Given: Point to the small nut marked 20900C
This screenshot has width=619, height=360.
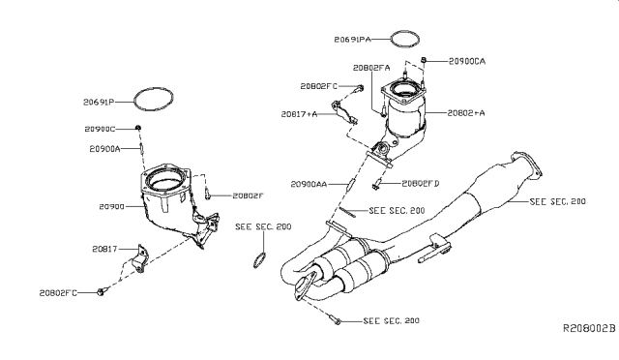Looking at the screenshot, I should [138, 128].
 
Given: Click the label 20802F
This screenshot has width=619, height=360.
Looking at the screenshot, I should [247, 195].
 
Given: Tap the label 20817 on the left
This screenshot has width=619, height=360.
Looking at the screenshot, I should [105, 250].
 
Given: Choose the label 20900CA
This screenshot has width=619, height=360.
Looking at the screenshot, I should [466, 61].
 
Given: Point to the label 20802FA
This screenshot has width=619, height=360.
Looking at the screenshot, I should [371, 68].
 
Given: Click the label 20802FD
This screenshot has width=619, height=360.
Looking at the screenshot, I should [420, 183].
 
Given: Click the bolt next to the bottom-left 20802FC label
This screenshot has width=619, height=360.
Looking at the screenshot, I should [101, 292].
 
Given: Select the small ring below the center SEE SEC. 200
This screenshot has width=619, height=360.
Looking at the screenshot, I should [258, 258].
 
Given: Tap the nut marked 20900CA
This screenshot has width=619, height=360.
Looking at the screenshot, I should [426, 61].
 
